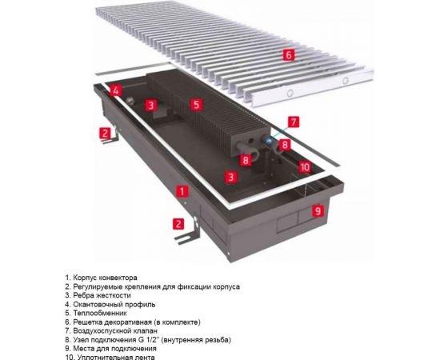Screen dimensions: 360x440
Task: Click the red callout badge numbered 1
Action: (x=182, y=192)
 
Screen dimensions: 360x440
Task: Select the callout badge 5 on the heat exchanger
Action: (x=196, y=104)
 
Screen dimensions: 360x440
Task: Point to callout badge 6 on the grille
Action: (x=289, y=54)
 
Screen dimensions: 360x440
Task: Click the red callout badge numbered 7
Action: (x=294, y=122)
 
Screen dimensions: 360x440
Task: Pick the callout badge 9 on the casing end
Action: (x=317, y=211)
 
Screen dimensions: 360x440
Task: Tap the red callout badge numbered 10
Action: (x=304, y=166)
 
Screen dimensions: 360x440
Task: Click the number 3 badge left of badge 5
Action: (x=150, y=105)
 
